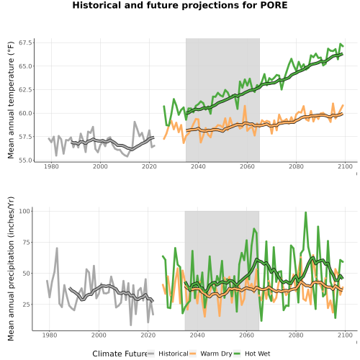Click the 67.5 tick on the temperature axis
(x=25, y=42)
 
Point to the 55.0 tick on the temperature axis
(x=25, y=160)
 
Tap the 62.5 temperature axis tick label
(x=25, y=90)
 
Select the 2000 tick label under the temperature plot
(x=100, y=166)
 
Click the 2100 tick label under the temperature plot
(x=345, y=166)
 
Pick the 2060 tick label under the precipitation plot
(x=246, y=335)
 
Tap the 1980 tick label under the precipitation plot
(x=50, y=335)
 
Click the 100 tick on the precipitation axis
(x=24, y=211)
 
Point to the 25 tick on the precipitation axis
(x=27, y=305)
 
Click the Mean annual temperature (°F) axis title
(x=11, y=100)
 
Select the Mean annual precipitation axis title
(x=11, y=269)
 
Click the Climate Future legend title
(x=120, y=354)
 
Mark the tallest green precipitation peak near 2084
(x=305, y=212)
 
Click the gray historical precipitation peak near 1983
(x=57, y=248)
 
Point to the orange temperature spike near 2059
(x=245, y=106)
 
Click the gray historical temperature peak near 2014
(x=135, y=122)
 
